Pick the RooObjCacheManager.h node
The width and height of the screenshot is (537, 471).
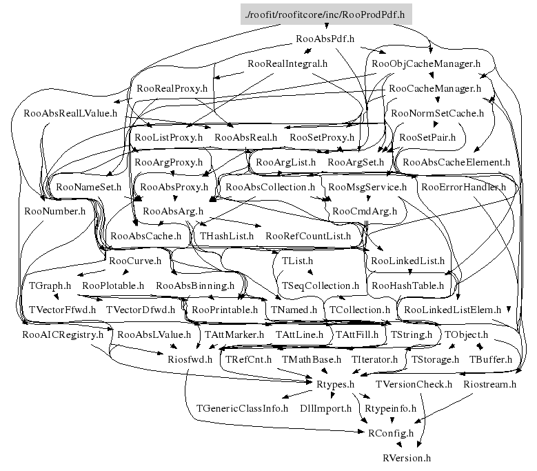tap(425, 64)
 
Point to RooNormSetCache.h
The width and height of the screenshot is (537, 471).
tap(437, 113)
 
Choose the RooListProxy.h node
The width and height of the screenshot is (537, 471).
tap(169, 138)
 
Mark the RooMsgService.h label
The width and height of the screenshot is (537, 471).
tap(367, 187)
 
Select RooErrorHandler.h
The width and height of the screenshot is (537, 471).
tap(463, 187)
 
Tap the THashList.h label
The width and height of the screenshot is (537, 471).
tap(227, 236)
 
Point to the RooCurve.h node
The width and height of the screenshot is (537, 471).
tap(135, 261)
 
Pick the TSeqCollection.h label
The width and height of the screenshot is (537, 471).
tap(321, 285)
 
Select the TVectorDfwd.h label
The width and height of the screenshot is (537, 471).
tap(141, 310)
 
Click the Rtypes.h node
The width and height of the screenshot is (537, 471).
tap(335, 384)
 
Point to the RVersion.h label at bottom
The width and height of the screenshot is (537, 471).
tap(407, 458)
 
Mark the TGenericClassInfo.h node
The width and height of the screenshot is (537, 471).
tap(242, 408)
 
